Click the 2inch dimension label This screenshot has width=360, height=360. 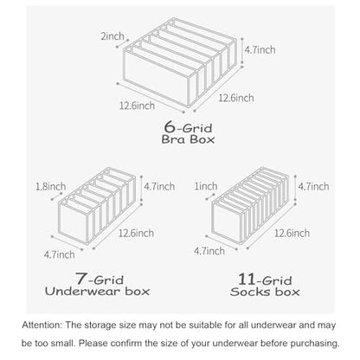pos(112,36)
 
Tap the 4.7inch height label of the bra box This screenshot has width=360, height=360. pos(260,49)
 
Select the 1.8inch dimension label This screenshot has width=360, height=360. pos(51,186)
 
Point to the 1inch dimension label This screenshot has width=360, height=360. pos(206,186)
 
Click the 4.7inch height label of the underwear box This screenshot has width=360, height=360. pos(159,186)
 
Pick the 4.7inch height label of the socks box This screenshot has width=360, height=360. pos(313,186)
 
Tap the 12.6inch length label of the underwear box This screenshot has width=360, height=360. pos(136,233)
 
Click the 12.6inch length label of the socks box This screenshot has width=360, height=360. pos(292,233)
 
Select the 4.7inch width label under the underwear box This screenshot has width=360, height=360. pos(60,254)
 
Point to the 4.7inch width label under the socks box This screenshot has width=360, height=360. pos(209,251)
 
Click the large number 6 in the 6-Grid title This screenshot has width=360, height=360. pos(170,126)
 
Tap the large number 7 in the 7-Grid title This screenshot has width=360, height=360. pos(81,279)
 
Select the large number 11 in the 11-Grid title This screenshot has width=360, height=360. pos(247,279)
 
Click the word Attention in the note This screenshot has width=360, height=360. pos(42,325)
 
